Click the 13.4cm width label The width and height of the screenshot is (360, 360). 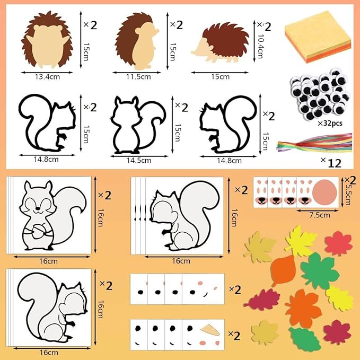click(47, 77)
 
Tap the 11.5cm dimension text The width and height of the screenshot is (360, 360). click(138, 77)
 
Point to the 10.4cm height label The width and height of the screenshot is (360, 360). click(260, 46)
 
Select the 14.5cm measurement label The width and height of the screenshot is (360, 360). click(139, 161)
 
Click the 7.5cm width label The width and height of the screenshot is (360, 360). click(320, 215)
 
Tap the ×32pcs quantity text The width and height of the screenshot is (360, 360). click(330, 124)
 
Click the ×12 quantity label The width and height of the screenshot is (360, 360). click(331, 163)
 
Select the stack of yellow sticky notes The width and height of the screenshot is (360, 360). click(318, 37)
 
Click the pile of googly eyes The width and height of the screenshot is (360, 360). click(320, 94)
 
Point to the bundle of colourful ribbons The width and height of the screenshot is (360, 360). click(314, 144)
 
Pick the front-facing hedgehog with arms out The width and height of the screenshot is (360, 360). click(47, 40)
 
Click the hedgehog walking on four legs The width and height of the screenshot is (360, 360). click(220, 42)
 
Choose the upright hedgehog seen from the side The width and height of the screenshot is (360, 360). click(137, 41)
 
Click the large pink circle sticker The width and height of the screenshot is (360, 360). click(324, 192)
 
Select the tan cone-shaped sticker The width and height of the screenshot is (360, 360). click(210, 330)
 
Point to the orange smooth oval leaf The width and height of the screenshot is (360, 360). click(283, 269)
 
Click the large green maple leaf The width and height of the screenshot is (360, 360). click(320, 271)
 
